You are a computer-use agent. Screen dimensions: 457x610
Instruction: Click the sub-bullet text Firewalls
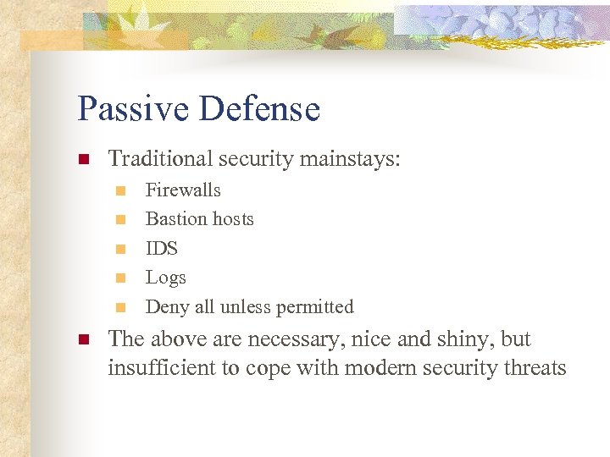pyautogui.click(x=183, y=190)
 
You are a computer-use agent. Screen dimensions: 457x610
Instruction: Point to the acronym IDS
pyautogui.click(x=162, y=249)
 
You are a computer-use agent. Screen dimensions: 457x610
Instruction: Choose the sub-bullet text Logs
pyautogui.click(x=165, y=278)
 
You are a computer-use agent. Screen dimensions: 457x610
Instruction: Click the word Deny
pyautogui.click(x=165, y=306)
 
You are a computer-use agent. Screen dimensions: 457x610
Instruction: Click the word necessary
pyautogui.click(x=289, y=339)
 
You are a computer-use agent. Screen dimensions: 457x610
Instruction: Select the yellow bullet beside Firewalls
pyautogui.click(x=120, y=191)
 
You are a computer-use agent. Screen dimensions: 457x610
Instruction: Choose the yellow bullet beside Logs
pyautogui.click(x=120, y=278)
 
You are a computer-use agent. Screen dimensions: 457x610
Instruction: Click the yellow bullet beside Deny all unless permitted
pyautogui.click(x=120, y=307)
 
